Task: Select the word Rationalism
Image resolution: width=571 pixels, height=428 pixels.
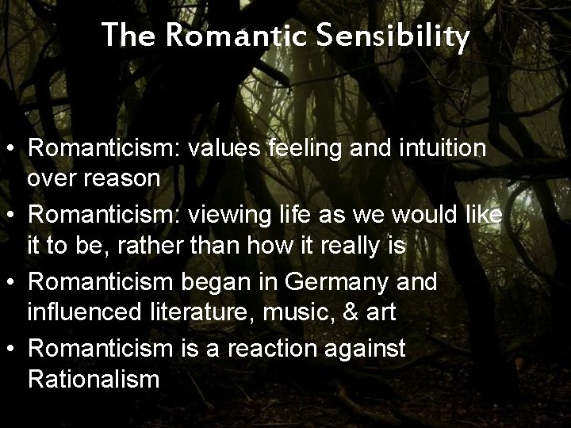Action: click(94, 379)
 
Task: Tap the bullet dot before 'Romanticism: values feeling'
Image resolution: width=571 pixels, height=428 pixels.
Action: click(11, 148)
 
